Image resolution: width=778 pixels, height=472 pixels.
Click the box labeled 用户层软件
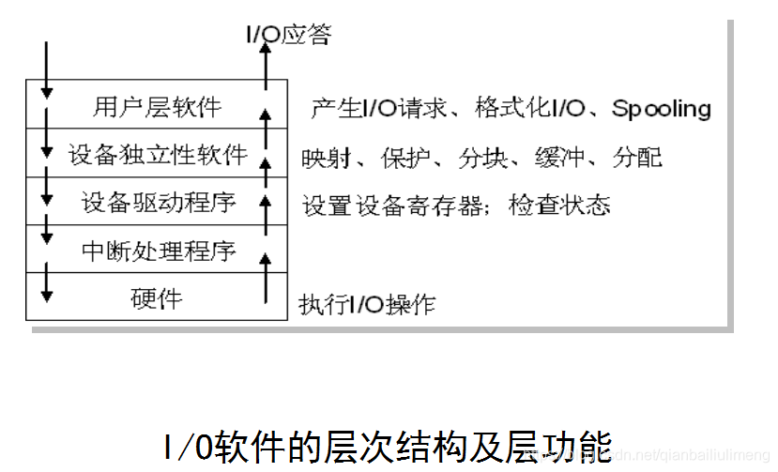(157, 106)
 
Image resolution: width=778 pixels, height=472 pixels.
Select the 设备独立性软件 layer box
(157, 154)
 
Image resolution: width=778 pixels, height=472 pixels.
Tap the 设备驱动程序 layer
(157, 202)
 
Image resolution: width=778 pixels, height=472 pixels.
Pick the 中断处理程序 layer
(157, 251)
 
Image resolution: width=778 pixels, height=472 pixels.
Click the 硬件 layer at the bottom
(157, 298)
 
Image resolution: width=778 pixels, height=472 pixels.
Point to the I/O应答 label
(288, 35)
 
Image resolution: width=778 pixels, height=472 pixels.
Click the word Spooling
(662, 109)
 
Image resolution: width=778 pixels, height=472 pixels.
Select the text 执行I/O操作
(367, 304)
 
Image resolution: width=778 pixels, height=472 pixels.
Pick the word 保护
(402, 158)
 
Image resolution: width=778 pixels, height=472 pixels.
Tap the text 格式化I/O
(530, 109)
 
